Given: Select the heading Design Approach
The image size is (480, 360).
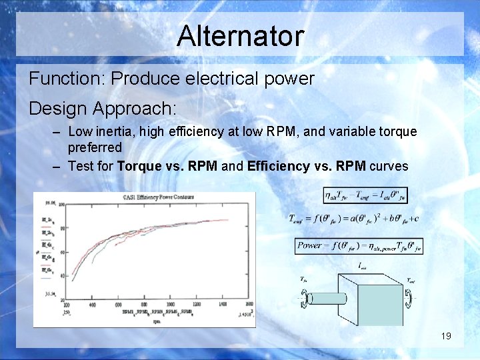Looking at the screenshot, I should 103,108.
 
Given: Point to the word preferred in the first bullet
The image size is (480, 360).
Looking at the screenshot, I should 95,147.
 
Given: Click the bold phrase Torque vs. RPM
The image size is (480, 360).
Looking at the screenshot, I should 167,167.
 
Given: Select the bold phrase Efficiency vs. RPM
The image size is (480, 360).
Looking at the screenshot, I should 306,167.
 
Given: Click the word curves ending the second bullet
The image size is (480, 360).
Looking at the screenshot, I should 389,167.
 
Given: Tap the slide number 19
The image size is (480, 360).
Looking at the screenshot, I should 446,336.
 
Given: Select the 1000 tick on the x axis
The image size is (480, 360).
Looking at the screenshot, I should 181,305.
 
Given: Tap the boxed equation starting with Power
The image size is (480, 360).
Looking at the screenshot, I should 359,245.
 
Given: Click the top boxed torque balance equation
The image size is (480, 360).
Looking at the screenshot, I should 365,195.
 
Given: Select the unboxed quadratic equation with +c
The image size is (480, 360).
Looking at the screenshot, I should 353,219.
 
